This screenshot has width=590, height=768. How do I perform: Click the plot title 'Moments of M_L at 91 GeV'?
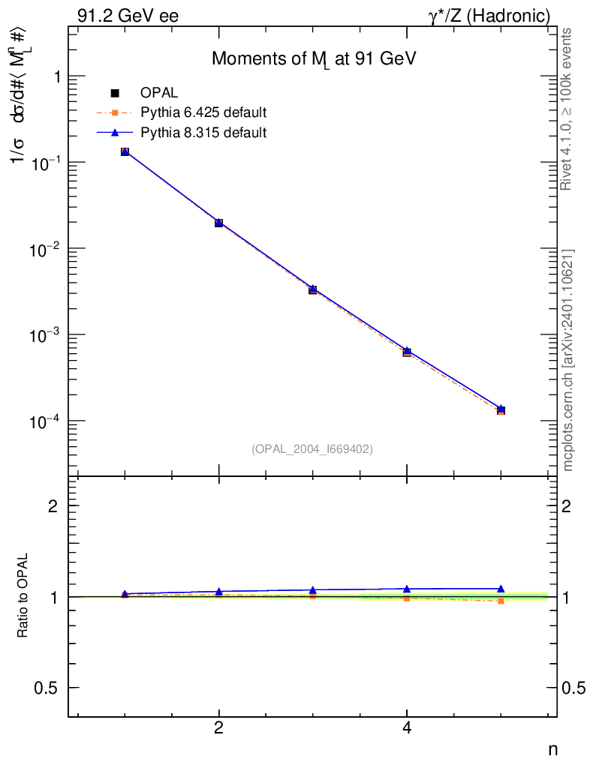(x=314, y=59)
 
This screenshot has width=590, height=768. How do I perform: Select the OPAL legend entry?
(x=158, y=93)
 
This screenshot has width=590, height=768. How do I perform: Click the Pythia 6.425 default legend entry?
(x=203, y=113)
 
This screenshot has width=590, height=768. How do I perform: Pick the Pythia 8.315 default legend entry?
(x=203, y=133)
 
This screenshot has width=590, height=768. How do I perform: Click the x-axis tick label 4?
(x=407, y=728)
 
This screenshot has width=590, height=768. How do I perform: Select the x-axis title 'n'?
(x=552, y=749)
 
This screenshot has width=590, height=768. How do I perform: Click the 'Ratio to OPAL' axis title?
(x=24, y=597)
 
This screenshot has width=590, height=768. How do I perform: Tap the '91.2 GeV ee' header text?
(x=128, y=16)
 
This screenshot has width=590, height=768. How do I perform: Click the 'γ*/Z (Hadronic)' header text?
(x=489, y=16)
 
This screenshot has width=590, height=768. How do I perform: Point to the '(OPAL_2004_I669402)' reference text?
(x=312, y=448)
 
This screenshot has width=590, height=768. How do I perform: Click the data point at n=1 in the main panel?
(x=125, y=151)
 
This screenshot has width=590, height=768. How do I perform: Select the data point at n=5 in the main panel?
(x=501, y=409)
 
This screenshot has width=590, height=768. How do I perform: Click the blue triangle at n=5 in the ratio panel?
(x=501, y=589)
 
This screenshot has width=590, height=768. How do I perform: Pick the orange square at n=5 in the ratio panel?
(x=501, y=601)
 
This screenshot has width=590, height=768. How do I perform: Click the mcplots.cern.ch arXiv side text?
(x=568, y=360)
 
